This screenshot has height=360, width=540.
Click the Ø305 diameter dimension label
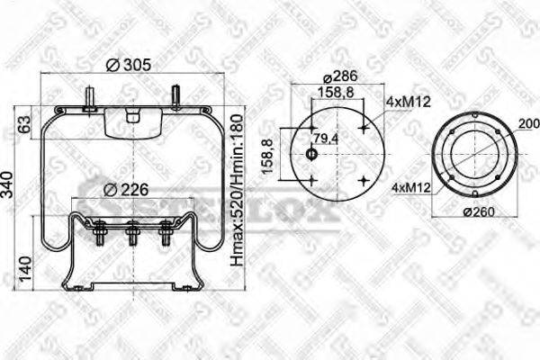pyautogui.click(x=128, y=64)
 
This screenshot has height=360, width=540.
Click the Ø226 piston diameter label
pyautogui.click(x=123, y=189)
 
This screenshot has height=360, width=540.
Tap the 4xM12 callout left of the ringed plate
pyautogui.click(x=409, y=188)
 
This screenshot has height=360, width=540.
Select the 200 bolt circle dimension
pyautogui.click(x=529, y=123)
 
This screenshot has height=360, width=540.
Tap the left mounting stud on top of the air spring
pyautogui.click(x=91, y=97)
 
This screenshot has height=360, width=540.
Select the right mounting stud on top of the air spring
pyautogui.click(x=176, y=95)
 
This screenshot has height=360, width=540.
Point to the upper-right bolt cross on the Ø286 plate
pyautogui.click(x=363, y=129)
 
